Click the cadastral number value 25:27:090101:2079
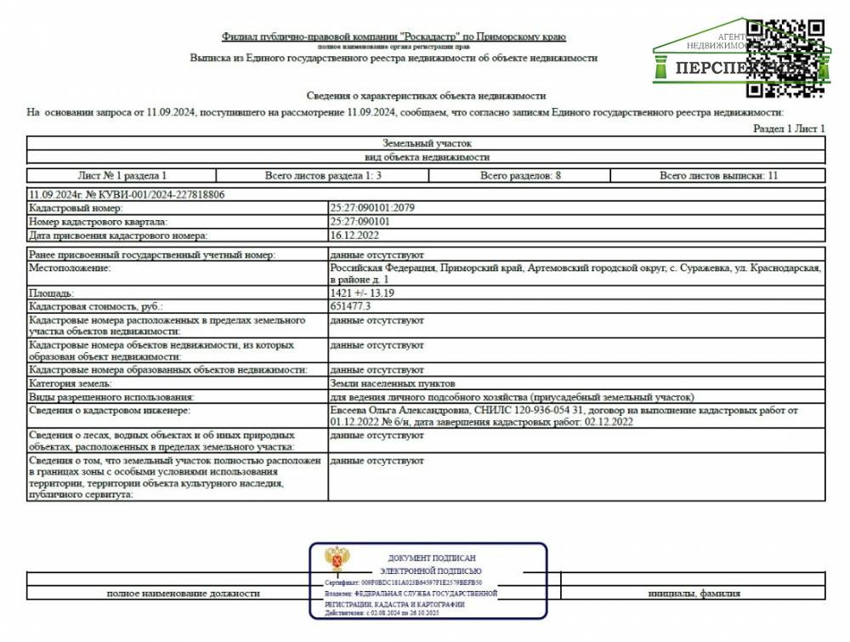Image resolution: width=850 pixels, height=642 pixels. pyautogui.click(x=372, y=207)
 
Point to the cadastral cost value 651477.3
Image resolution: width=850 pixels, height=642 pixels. pyautogui.click(x=351, y=305)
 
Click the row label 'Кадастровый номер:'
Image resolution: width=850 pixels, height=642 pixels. pyautogui.click(x=76, y=207)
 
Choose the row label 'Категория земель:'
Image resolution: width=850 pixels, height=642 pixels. pyautogui.click(x=71, y=384)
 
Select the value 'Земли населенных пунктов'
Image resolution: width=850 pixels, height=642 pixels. pyautogui.click(x=387, y=384)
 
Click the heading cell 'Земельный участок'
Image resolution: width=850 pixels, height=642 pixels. pyautogui.click(x=426, y=144)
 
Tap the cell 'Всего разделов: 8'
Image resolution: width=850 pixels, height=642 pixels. pyautogui.click(x=520, y=175)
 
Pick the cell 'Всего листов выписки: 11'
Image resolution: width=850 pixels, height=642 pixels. pyautogui.click(x=718, y=175)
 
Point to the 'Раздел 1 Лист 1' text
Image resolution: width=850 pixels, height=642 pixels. pyautogui.click(x=789, y=128)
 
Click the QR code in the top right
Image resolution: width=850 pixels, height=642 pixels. pyautogui.click(x=786, y=56)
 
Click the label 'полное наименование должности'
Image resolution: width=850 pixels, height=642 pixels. pyautogui.click(x=183, y=594)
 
